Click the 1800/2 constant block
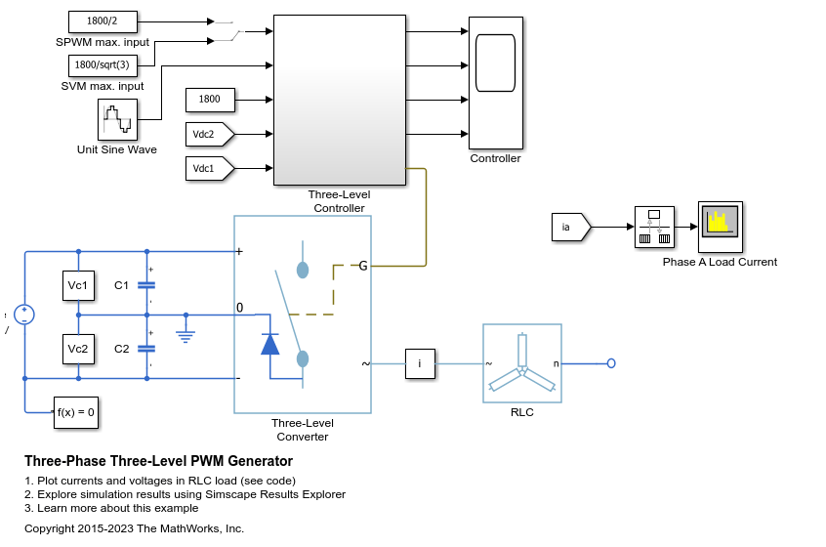coord(103,21)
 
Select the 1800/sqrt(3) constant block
coord(103,65)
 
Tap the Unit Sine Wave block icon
coord(117,119)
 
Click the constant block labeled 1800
coord(210,100)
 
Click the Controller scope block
coord(496,83)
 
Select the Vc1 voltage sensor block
coord(78,285)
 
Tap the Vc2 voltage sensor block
coord(78,349)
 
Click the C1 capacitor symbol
coord(146,285)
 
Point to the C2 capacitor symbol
coord(146,349)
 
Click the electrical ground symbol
coord(186,335)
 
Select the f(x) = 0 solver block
coord(76,412)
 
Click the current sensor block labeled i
coord(421,363)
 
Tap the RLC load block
coord(522,363)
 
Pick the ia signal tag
coord(571,228)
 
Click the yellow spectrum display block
coord(721,228)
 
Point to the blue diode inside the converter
coord(270,345)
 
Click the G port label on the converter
coord(363,266)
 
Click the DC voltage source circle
coord(24,315)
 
